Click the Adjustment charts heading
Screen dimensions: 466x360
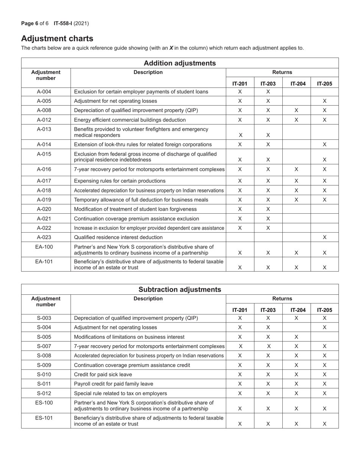click(x=57, y=38)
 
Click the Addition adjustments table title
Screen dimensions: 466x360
click(x=180, y=63)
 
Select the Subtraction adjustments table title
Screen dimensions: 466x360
click(x=180, y=289)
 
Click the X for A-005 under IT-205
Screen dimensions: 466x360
click(x=325, y=101)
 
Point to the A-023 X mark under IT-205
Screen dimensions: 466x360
click(x=325, y=237)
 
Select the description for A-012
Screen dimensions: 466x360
click(x=130, y=120)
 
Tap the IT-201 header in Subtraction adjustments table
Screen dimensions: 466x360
click(x=239, y=310)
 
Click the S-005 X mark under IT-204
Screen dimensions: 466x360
click(x=296, y=337)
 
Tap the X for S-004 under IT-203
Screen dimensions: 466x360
click(x=268, y=327)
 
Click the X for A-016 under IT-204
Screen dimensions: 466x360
click(x=296, y=169)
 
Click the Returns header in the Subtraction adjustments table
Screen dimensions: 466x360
click(x=282, y=299)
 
